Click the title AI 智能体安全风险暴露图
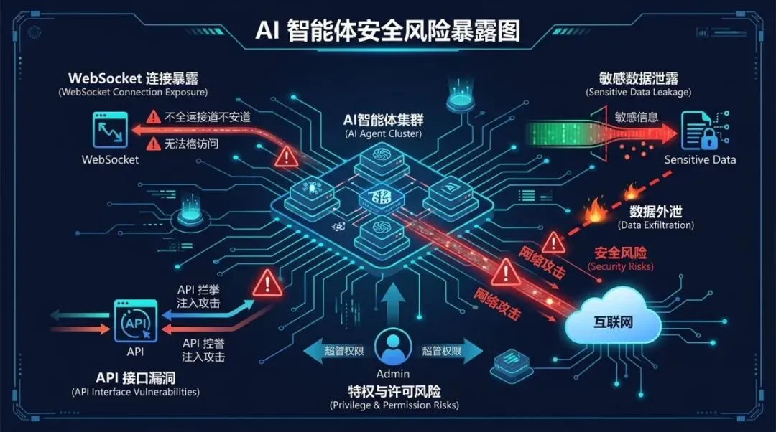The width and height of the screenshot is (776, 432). pyautogui.click(x=387, y=32)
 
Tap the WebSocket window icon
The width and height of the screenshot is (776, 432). pyautogui.click(x=109, y=130)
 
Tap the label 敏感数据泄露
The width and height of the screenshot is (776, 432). pyautogui.click(x=638, y=78)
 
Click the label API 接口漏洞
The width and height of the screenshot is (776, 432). pyautogui.click(x=135, y=377)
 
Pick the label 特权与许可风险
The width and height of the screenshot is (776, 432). pyautogui.click(x=394, y=391)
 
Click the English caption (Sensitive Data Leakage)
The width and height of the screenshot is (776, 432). pyautogui.click(x=639, y=93)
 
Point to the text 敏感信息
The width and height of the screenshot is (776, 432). pyautogui.click(x=637, y=116)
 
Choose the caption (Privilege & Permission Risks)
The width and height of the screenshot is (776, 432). pyautogui.click(x=394, y=405)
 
